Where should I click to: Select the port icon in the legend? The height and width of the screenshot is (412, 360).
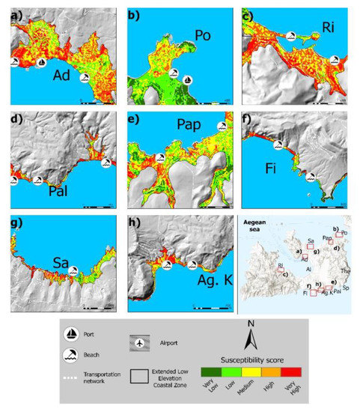point(76,334)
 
